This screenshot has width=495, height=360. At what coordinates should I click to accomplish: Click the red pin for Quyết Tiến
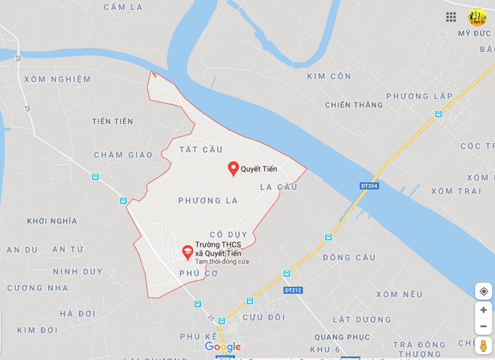point(233,168)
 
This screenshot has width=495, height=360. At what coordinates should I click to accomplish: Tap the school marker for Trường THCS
point(188,252)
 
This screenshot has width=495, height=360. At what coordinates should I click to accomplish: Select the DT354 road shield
point(369,186)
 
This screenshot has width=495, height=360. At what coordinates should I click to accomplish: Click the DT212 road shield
point(293,290)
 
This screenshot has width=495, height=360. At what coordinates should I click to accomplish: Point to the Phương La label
point(208,200)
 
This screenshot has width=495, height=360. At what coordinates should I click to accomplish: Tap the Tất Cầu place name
point(201,150)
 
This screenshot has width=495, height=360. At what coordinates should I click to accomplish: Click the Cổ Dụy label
point(229,235)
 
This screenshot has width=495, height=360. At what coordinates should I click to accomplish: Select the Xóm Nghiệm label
point(57,79)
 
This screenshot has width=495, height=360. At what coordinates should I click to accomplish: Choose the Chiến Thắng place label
point(354,105)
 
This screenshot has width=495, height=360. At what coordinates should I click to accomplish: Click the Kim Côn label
point(329,76)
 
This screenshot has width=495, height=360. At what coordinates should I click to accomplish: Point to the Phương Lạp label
point(419,97)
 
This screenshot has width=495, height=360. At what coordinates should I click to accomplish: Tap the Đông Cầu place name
point(350,257)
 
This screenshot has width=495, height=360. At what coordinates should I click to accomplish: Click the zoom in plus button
point(483,310)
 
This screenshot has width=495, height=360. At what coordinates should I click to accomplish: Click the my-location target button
point(483,291)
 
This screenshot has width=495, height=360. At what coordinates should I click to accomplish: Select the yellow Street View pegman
point(483,345)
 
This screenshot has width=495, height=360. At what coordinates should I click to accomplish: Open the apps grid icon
point(451,17)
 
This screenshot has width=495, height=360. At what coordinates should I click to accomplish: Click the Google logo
point(223,347)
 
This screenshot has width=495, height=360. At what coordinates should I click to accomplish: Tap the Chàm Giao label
point(123,155)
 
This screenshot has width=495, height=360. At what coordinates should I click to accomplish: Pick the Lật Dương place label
point(362,320)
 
